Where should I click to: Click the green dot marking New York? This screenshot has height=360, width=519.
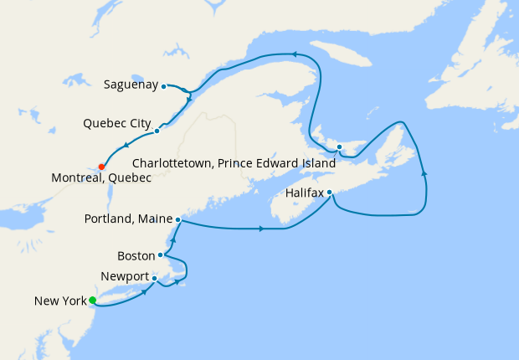[93, 301]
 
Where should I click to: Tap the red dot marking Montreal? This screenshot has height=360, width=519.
[101, 166]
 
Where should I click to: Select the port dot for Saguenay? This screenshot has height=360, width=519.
[163, 85]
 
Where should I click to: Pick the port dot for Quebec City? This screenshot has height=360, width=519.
[157, 131]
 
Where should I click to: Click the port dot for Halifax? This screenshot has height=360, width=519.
[330, 193]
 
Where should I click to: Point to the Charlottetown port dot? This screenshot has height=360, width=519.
[339, 147]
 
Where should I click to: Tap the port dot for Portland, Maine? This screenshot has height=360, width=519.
[178, 219]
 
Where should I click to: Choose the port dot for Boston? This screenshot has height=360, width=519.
[160, 255]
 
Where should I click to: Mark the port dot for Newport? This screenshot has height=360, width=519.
[155, 278]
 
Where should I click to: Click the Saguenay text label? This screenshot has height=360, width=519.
[131, 85]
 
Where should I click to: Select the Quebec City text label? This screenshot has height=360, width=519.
[116, 125]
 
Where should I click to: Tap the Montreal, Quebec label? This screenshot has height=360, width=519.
[101, 178]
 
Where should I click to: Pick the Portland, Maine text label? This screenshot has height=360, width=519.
[129, 219]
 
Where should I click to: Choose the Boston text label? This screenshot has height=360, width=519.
[136, 255]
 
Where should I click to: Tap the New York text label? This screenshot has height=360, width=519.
[59, 301]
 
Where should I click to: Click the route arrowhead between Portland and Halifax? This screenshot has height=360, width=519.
[263, 229]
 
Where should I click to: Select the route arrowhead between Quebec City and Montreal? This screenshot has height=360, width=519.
[126, 147]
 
